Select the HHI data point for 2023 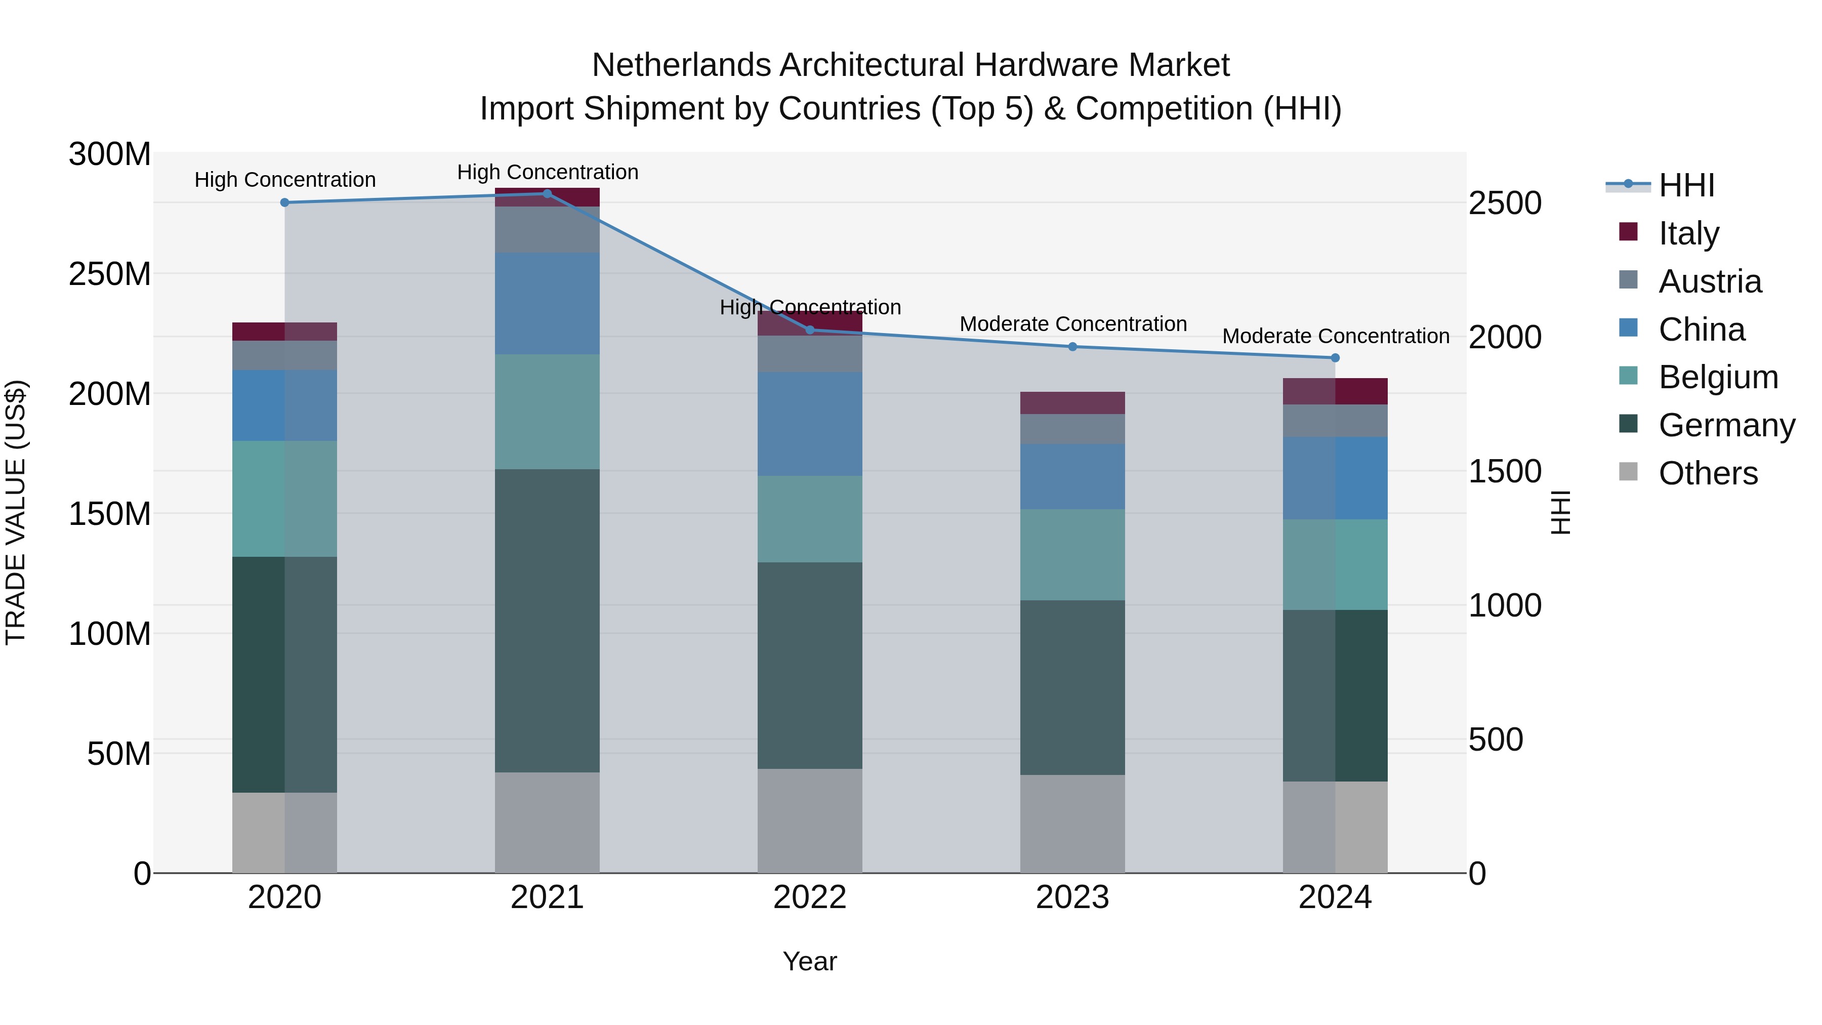[1072, 347]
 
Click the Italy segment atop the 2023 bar [1072, 402]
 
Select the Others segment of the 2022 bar [810, 821]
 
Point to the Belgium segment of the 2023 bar [1072, 555]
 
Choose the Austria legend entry [1710, 281]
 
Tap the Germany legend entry [1726, 425]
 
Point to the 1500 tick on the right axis [1505, 471]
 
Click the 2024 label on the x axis [1335, 897]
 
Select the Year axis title [810, 961]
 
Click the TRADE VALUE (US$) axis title [16, 512]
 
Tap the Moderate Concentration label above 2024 [1336, 336]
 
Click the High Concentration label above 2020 [285, 180]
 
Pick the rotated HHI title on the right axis [1560, 512]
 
